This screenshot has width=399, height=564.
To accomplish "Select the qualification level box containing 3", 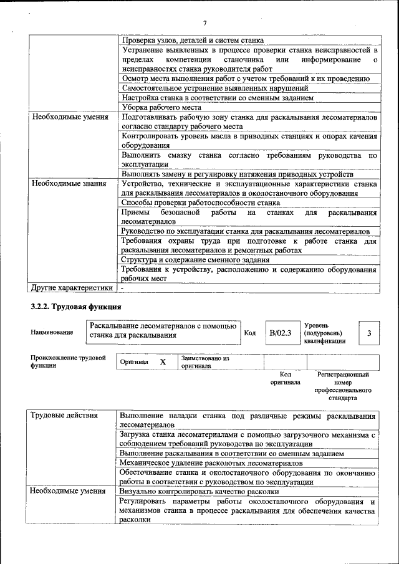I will tap(369, 333).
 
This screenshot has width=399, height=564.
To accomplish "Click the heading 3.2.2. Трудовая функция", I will tap(75, 307).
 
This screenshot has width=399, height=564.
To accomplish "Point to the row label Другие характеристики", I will tap(72, 288).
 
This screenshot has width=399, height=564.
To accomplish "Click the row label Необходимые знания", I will tap(69, 184).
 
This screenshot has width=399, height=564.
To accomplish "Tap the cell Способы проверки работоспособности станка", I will tap(200, 203).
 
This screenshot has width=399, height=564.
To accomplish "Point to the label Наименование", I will tap(52, 333).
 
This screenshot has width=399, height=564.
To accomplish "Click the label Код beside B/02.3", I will tap(250, 333).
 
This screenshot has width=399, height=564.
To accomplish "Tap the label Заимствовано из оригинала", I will tap(206, 362).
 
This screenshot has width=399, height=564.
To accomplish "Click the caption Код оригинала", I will tap(285, 378).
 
